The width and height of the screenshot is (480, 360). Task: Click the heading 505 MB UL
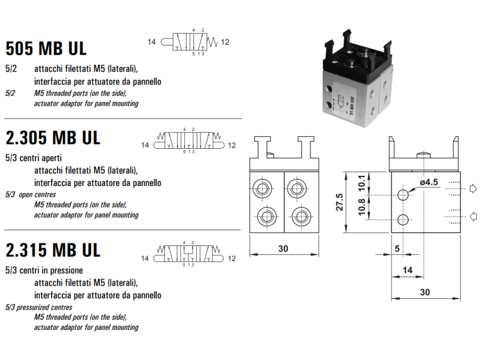[x=46, y=47]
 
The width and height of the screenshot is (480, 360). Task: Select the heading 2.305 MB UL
[x=53, y=137]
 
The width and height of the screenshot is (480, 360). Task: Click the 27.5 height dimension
[x=339, y=202]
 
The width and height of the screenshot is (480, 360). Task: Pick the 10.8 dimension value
[x=361, y=208]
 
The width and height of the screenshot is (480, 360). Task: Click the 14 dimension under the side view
[x=407, y=270]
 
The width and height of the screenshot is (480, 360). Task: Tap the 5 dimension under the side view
[x=397, y=247]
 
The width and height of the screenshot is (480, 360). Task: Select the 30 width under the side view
[x=424, y=292]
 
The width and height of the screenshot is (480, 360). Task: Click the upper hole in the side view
[x=404, y=195]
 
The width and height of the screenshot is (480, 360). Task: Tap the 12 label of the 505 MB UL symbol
[x=225, y=42]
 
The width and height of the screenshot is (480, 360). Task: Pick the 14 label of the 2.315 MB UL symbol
[x=145, y=259]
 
